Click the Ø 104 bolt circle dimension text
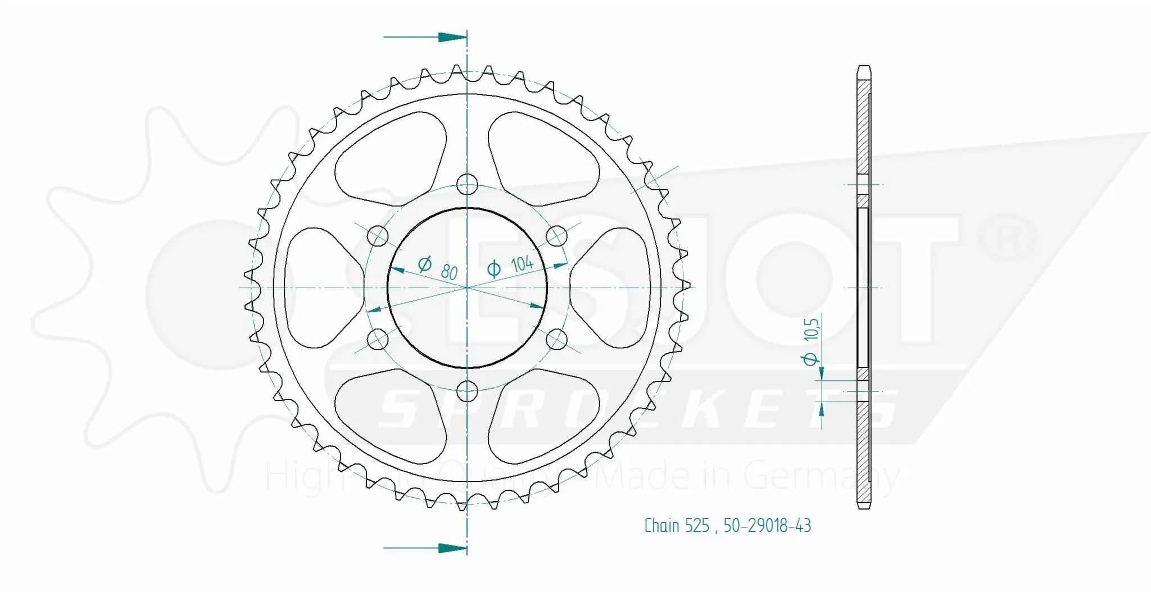point(511,265)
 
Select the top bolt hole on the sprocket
point(467,184)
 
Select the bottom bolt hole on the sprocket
point(467,392)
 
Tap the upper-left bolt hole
point(377,235)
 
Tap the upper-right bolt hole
point(557,235)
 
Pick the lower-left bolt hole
point(377,339)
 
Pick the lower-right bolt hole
point(557,339)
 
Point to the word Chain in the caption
point(662,526)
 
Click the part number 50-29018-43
point(767,526)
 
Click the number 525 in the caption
point(697,526)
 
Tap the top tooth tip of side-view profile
point(864,68)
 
